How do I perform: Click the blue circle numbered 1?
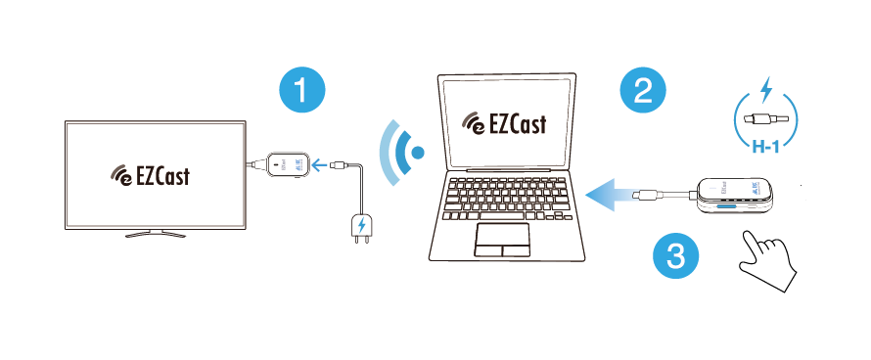302,93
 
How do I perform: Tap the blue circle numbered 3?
676,257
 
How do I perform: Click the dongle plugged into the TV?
287,163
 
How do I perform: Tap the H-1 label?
765,149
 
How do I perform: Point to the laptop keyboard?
504,200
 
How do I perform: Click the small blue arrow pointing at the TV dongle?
319,164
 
